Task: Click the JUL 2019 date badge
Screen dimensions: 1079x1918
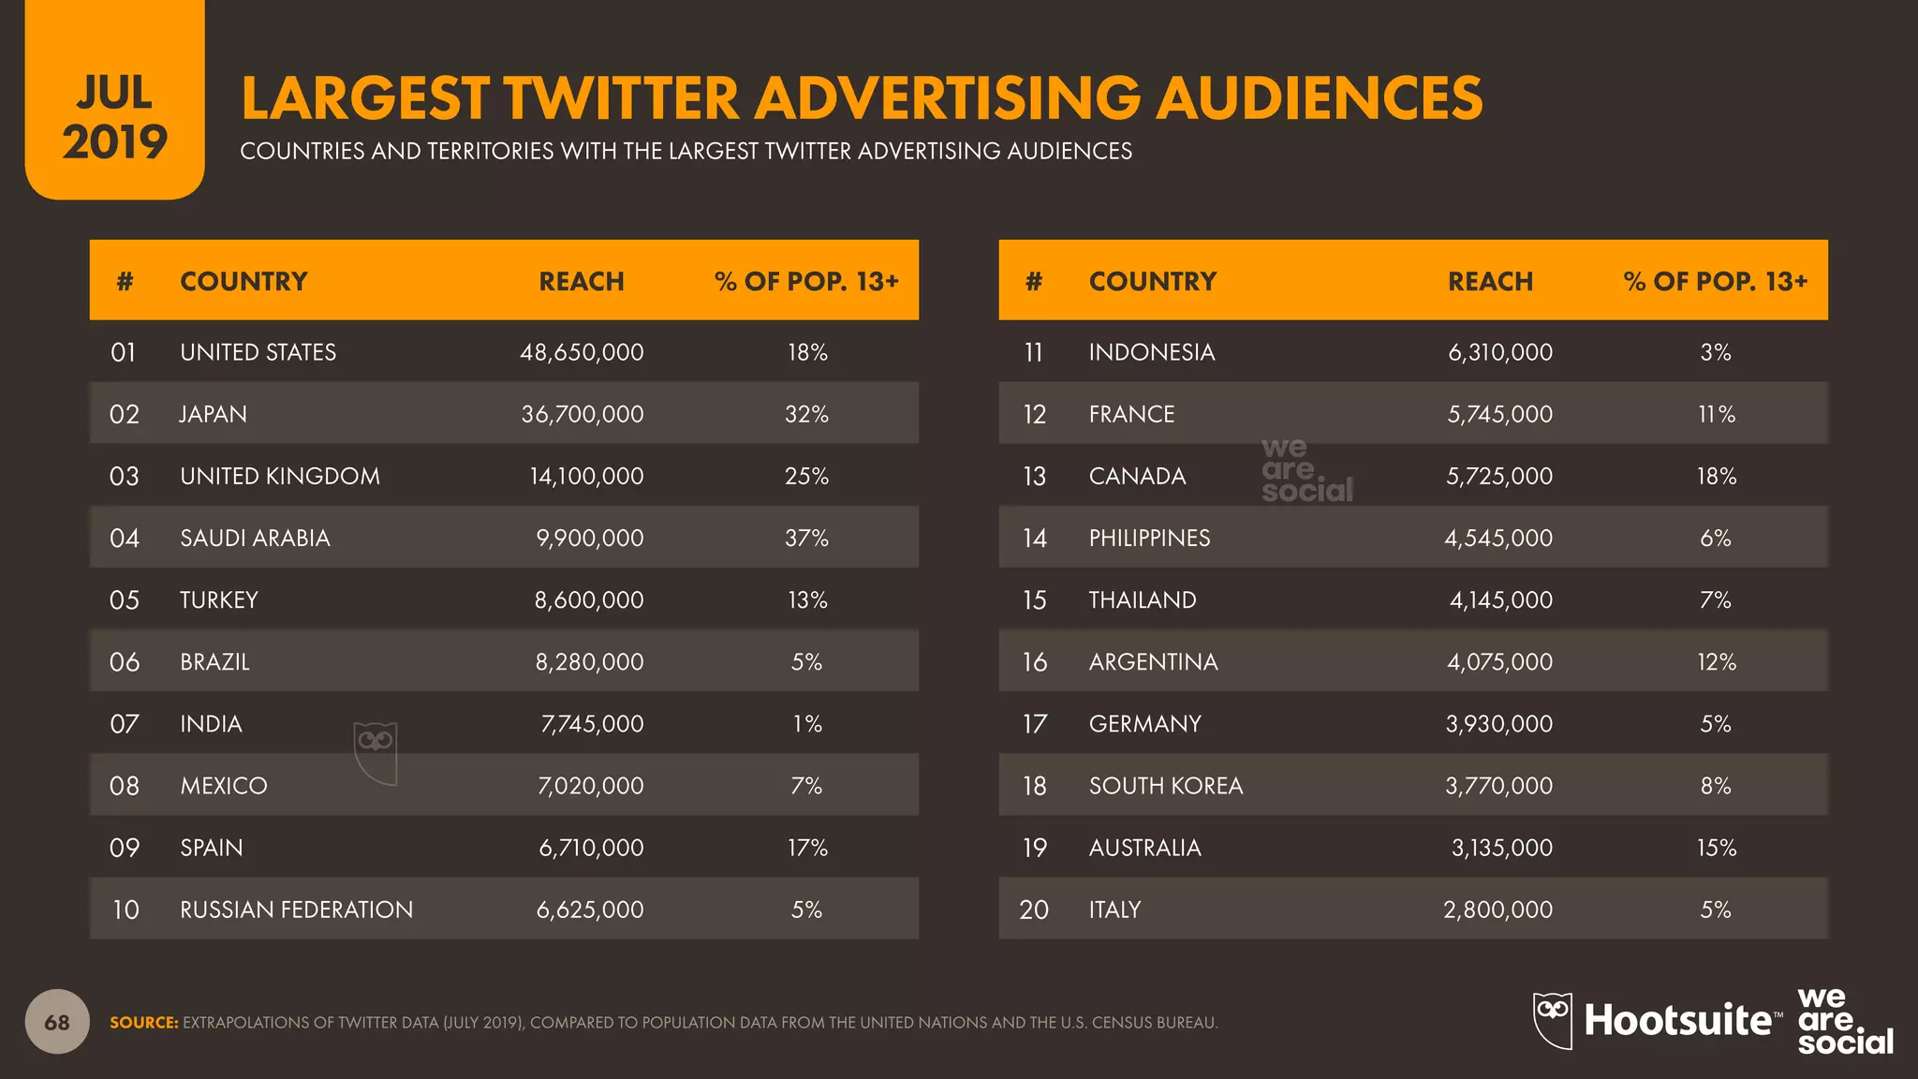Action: click(114, 117)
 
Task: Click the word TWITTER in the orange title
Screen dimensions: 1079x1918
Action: click(621, 98)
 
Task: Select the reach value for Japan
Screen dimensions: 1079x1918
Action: click(582, 414)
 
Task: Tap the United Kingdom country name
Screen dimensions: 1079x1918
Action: click(279, 476)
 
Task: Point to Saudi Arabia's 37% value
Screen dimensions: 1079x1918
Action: click(806, 538)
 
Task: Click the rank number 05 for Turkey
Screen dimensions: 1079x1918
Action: click(125, 599)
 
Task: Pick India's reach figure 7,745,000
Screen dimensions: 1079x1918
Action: click(592, 724)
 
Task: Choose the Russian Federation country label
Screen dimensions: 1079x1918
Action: click(296, 909)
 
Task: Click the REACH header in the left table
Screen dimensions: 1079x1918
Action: click(581, 281)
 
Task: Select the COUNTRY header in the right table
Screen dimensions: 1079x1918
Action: click(1152, 281)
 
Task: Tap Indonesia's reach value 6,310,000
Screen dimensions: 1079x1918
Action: click(1499, 352)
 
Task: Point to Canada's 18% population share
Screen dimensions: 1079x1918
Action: click(1716, 476)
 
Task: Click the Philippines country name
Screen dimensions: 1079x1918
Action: click(1149, 538)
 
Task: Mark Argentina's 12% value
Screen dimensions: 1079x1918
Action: click(1716, 662)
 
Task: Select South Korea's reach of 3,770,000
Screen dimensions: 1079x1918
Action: click(1498, 786)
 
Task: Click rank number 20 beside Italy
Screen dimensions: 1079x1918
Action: click(1034, 909)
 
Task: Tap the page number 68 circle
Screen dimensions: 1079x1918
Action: click(57, 1022)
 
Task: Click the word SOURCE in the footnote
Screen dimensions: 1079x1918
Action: click(143, 1023)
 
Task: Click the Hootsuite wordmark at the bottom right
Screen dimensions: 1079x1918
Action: click(1676, 1020)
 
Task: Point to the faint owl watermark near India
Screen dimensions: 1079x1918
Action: click(376, 752)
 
